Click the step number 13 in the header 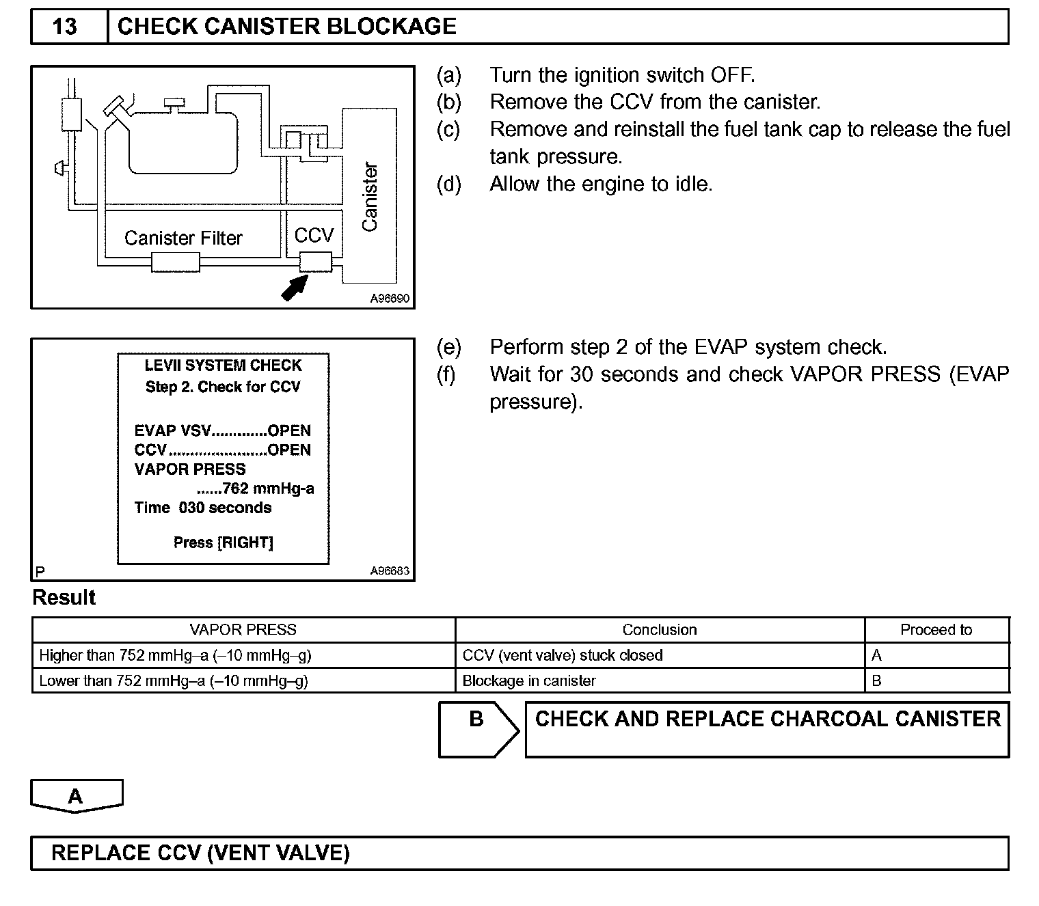[x=65, y=27]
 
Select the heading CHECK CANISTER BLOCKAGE [x=286, y=27]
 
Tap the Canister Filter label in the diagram [x=183, y=238]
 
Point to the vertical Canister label [x=370, y=197]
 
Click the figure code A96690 [x=390, y=299]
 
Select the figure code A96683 [x=390, y=571]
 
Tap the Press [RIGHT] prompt [x=223, y=543]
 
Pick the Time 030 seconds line [x=203, y=508]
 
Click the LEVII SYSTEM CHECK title [x=223, y=366]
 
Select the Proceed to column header [x=936, y=630]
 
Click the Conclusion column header [x=660, y=630]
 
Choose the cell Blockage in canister [x=529, y=681]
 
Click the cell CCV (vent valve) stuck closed [x=563, y=656]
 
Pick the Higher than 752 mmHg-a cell [x=175, y=656]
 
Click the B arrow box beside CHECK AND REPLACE [x=478, y=729]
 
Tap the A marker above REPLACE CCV [x=76, y=796]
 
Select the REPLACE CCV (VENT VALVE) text [x=200, y=853]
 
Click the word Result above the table [x=64, y=598]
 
